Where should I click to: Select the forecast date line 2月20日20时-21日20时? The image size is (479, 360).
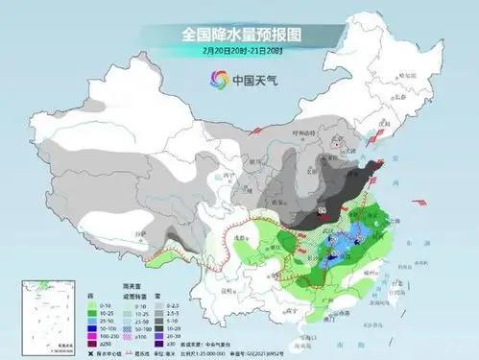click(x=239, y=50)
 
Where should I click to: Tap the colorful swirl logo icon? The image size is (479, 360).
click(x=211, y=79)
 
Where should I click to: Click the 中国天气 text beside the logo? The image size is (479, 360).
click(x=250, y=79)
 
